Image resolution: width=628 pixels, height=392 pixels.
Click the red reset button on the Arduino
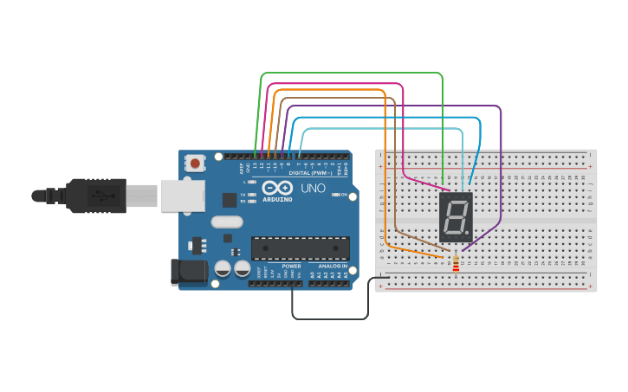[x=195, y=162]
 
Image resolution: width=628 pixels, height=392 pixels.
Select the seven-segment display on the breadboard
[x=456, y=217]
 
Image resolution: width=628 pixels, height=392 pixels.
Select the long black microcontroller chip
[x=301, y=248]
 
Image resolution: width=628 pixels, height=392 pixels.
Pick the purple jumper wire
[x=501, y=173]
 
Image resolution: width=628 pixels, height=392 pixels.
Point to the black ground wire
[x=329, y=318]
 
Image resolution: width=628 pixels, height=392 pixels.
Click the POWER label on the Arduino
[x=291, y=266]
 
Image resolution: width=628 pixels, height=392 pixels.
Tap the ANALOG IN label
[x=333, y=266]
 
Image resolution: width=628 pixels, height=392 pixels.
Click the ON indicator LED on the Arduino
[x=335, y=195]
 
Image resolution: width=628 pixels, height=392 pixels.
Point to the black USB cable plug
[x=95, y=195]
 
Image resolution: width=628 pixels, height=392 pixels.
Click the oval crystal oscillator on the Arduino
[x=227, y=222]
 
